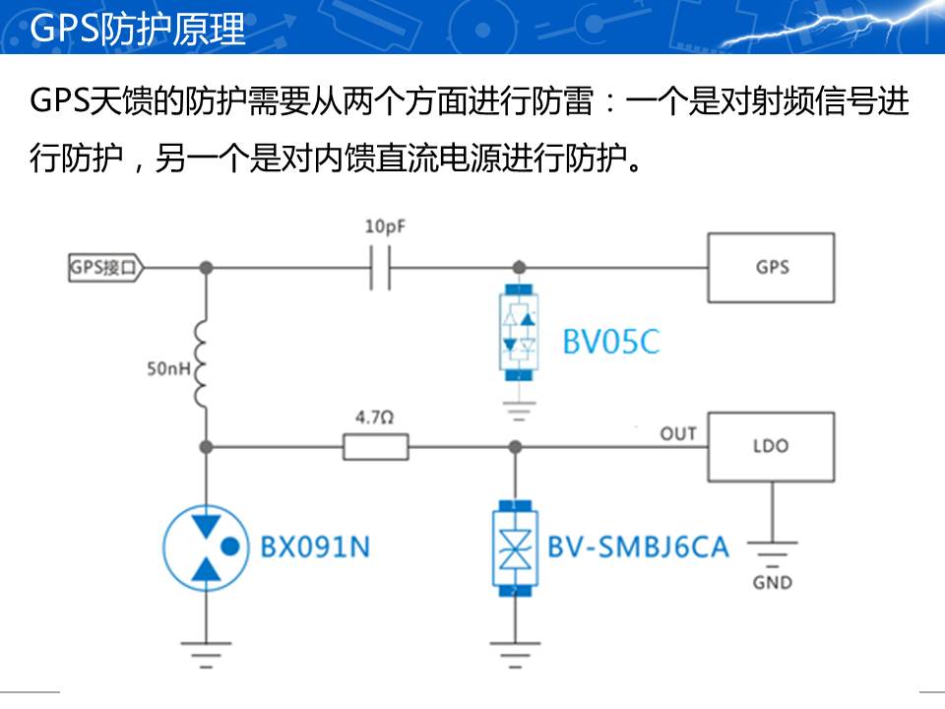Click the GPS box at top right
(771, 267)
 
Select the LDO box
(771, 446)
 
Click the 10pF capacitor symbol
(380, 267)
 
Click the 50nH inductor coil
(205, 365)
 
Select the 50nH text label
(167, 370)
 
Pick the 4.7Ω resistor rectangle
(375, 448)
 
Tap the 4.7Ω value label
(374, 418)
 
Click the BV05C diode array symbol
(518, 332)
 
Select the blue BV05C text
(610, 342)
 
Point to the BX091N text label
(315, 547)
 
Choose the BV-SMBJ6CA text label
(638, 547)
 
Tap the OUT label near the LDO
(677, 433)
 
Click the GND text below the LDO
(772, 582)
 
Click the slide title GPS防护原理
(138, 30)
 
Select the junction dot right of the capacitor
(518, 267)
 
